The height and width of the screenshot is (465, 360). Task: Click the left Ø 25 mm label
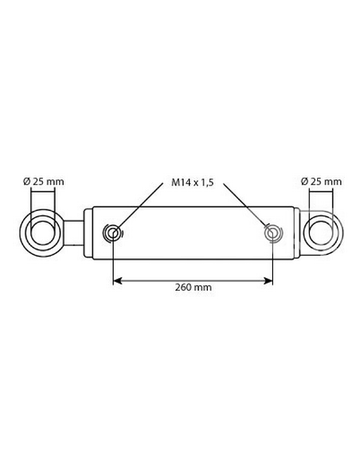tap(45, 182)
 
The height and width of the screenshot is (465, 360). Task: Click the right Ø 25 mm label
tap(321, 182)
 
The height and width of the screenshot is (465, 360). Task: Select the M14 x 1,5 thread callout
tap(192, 182)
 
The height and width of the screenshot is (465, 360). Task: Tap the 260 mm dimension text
tap(193, 287)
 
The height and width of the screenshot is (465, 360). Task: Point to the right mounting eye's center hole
tap(321, 232)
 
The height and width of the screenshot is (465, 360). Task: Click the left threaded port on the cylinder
tap(113, 232)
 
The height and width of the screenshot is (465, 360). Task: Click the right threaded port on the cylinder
tap(273, 232)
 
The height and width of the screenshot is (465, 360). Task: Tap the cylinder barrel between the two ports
tap(193, 232)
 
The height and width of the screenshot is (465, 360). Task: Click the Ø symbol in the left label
tap(28, 182)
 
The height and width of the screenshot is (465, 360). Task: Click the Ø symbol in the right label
tap(304, 182)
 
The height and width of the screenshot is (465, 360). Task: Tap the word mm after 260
tap(203, 287)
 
